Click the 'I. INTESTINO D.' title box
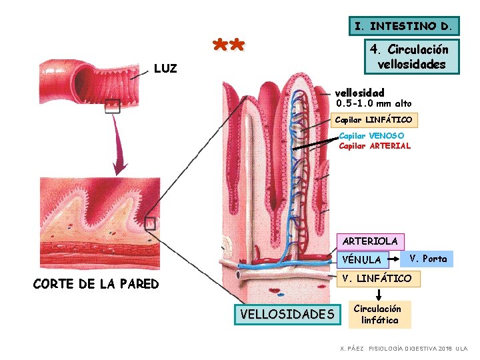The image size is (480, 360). click(405, 27)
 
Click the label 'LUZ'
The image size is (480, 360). click(165, 68)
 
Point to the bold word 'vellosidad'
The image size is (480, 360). click(359, 92)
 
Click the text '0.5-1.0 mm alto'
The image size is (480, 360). click(374, 104)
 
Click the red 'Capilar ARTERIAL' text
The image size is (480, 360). click(375, 146)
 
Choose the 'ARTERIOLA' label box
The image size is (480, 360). click(369, 241)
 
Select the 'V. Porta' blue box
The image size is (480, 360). click(428, 259)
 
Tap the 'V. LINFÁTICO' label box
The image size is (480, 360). click(377, 278)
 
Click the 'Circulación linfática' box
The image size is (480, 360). click(377, 315)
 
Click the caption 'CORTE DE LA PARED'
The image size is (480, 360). click(96, 284)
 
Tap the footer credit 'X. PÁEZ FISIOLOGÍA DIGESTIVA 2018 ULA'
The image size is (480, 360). click(404, 349)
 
